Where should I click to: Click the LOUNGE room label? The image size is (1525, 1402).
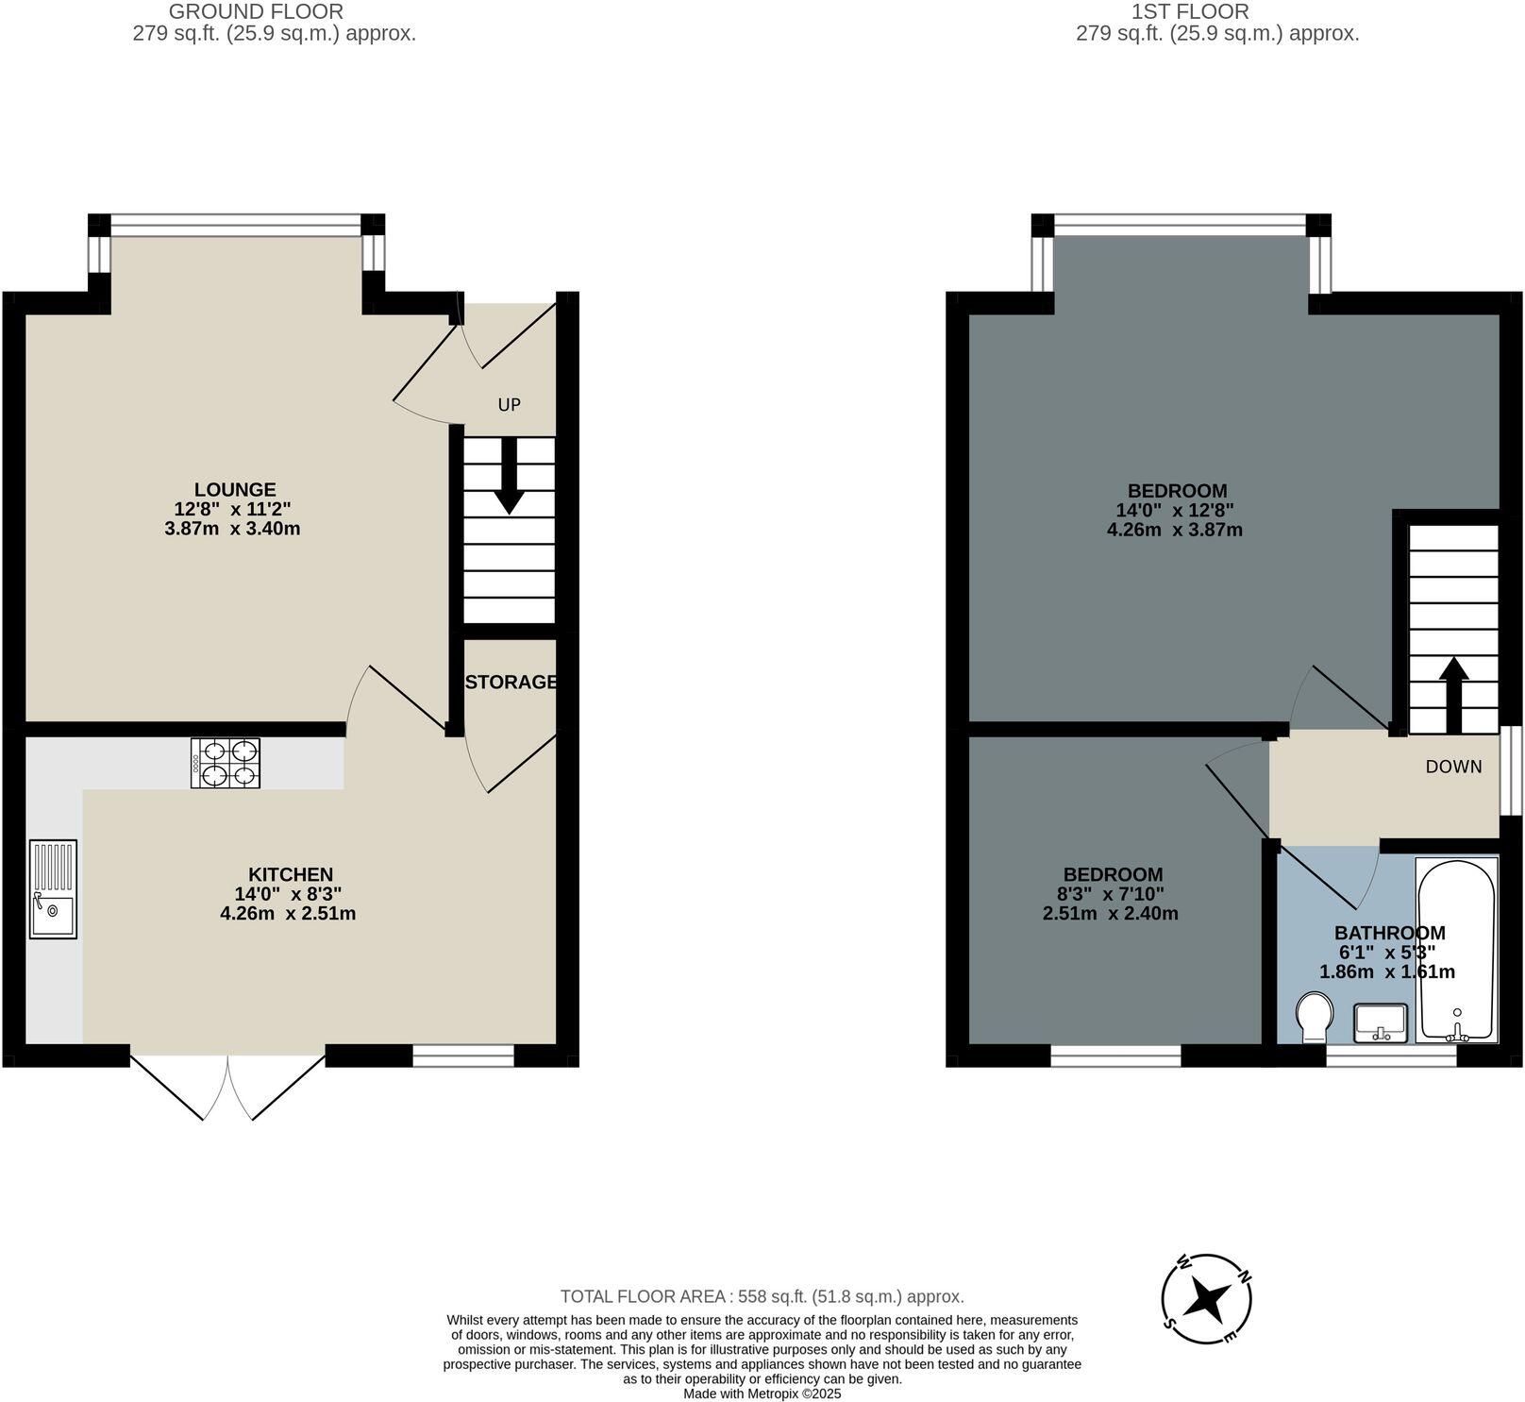pos(235,489)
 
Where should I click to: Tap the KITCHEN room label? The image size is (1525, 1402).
pos(290,874)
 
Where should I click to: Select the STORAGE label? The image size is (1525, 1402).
pos(511,682)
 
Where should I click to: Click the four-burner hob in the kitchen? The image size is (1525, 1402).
pos(226,763)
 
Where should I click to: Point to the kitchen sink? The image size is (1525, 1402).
pos(53,888)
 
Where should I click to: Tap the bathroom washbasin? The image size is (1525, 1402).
pos(1380,1023)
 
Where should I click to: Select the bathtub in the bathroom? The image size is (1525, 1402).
pos(1456,949)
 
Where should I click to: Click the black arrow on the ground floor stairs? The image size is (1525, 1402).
pos(510,476)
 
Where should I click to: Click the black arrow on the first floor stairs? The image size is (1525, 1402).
pos(1453,694)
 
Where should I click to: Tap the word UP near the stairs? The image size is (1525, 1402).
pos(509,405)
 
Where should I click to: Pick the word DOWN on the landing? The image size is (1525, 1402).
pos(1453,767)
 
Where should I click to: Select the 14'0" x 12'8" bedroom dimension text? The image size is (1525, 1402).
pos(1175,510)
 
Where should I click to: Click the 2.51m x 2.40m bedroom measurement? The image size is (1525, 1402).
pos(1110,913)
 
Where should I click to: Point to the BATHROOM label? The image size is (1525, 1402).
pos(1389,933)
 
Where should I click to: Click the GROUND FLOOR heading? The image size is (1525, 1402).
pos(256,12)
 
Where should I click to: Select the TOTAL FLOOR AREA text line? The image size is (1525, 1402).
pos(762,1296)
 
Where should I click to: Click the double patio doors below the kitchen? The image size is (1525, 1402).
pos(227,1086)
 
